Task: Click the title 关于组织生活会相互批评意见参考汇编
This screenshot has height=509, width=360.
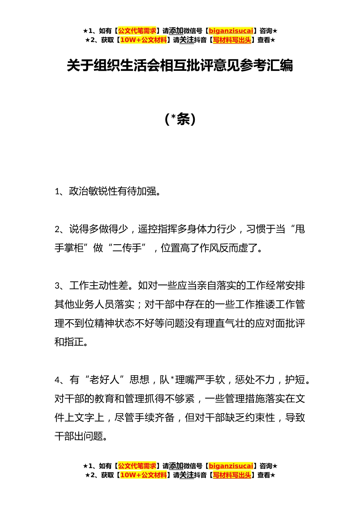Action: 180,66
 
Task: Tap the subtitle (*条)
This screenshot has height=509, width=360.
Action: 180,119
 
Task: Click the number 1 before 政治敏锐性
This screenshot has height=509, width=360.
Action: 57,192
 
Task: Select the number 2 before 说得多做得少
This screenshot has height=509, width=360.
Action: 57,230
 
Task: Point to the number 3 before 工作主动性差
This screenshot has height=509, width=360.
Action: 57,286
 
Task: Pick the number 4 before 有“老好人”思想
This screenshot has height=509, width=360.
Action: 57,380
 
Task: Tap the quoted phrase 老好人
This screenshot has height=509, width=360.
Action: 104,380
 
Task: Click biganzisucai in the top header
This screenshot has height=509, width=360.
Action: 231,31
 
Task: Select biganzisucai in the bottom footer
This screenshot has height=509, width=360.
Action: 231,466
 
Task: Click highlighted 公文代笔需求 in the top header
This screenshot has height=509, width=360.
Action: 137,31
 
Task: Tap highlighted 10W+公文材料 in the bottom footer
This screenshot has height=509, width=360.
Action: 143,475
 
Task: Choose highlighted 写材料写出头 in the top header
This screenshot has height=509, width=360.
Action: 232,40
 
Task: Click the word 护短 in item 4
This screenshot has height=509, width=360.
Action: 295,380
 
